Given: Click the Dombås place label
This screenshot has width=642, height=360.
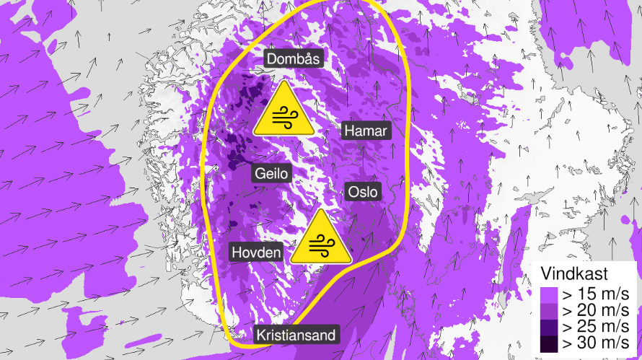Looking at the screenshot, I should coord(293,59).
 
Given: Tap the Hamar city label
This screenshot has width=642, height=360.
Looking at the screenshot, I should coord(366,131).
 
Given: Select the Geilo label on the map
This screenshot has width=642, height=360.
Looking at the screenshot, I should coord(271,174).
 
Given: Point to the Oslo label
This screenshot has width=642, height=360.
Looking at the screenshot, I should coord(363,193).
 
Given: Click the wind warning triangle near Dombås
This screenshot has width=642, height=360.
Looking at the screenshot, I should coord(283,110).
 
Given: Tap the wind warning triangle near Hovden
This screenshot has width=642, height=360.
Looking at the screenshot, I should coord(322,240).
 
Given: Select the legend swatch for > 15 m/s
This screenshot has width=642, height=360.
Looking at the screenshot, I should coord(550,295).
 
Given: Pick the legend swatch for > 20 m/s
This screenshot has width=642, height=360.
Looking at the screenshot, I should coord(550,311).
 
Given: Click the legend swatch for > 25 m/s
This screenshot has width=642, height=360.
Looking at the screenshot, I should coord(550,327).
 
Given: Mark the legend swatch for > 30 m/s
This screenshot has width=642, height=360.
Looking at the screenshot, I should coord(550,343).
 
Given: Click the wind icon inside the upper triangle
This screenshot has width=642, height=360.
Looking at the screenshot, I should coord(283,116).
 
